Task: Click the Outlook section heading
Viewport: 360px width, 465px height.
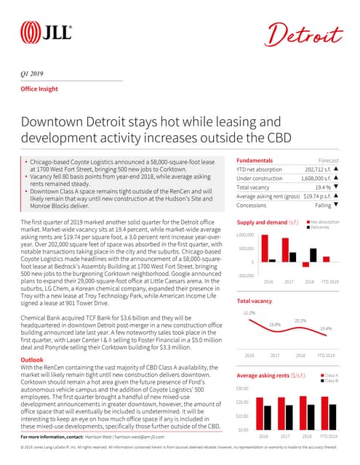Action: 31,360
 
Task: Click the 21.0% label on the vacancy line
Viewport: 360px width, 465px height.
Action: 249,312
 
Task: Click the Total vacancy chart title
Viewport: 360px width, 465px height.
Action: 255,300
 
